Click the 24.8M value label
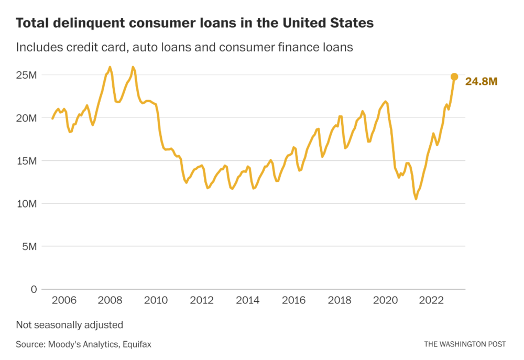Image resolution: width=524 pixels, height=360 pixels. (x=481, y=81)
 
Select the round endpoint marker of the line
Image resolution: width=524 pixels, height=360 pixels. (x=454, y=77)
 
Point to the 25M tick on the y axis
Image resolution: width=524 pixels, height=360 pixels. (x=26, y=75)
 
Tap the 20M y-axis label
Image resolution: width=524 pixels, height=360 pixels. (x=26, y=118)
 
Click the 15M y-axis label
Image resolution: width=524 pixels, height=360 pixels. (x=26, y=161)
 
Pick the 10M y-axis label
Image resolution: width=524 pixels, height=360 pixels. (x=26, y=203)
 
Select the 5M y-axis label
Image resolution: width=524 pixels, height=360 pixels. (x=29, y=246)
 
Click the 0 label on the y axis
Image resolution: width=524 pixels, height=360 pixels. (x=34, y=289)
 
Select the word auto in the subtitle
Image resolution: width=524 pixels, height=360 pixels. (x=144, y=47)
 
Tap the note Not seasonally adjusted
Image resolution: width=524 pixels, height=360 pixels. (x=69, y=325)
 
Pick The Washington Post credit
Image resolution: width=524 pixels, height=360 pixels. (x=465, y=344)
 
